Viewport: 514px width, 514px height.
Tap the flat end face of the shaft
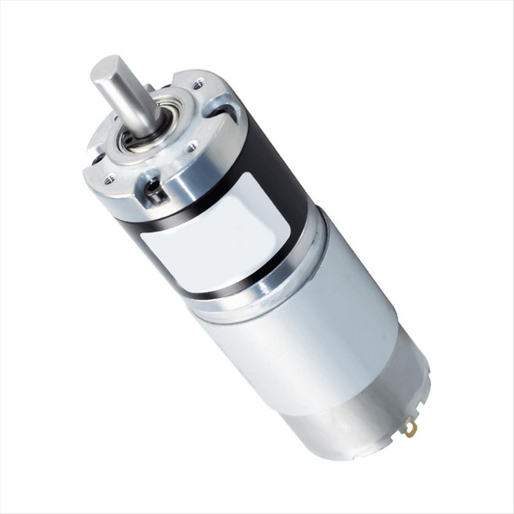point(106,70)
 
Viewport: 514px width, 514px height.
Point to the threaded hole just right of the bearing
point(190,146)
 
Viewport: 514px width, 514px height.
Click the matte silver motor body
point(313,336)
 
